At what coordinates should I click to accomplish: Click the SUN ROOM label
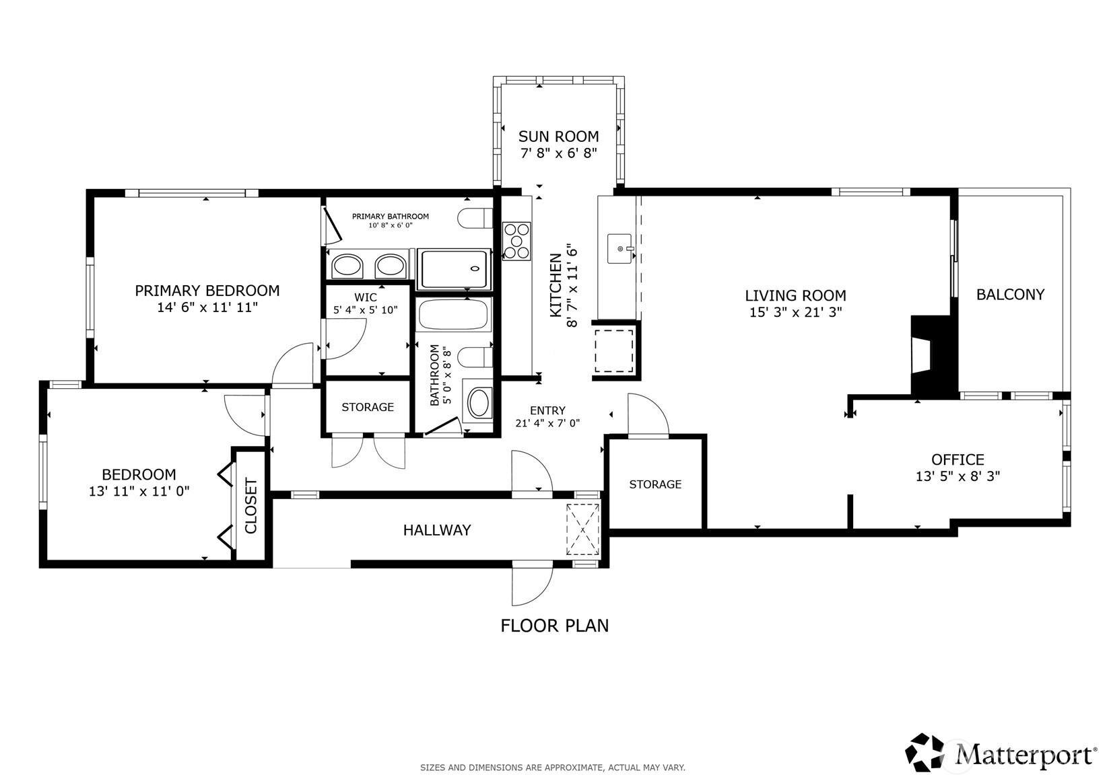coord(558,136)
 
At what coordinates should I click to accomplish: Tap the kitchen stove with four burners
coord(516,241)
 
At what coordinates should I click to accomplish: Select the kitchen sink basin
coord(619,249)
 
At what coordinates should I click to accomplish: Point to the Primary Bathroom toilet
coord(475,218)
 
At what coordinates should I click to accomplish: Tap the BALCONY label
coord(1010,295)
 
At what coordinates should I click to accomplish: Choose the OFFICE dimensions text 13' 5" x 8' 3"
coord(957,476)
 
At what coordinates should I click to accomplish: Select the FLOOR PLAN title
coord(555,626)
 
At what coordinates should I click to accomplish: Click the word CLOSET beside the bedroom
coord(251,505)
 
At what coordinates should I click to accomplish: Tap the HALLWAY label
coord(437,530)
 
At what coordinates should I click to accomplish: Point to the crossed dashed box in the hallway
coord(582,530)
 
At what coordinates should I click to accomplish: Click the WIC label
coord(366,297)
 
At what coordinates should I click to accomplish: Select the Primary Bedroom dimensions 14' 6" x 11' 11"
coord(207,307)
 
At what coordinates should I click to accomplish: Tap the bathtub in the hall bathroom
coord(453,315)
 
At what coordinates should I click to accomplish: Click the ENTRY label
coord(547,410)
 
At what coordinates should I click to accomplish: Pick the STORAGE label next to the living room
coord(655,484)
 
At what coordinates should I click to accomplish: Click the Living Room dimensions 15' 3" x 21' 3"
coord(796,312)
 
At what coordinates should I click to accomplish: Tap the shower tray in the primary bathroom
coord(454,269)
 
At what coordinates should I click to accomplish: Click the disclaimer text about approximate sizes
coord(553,768)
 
